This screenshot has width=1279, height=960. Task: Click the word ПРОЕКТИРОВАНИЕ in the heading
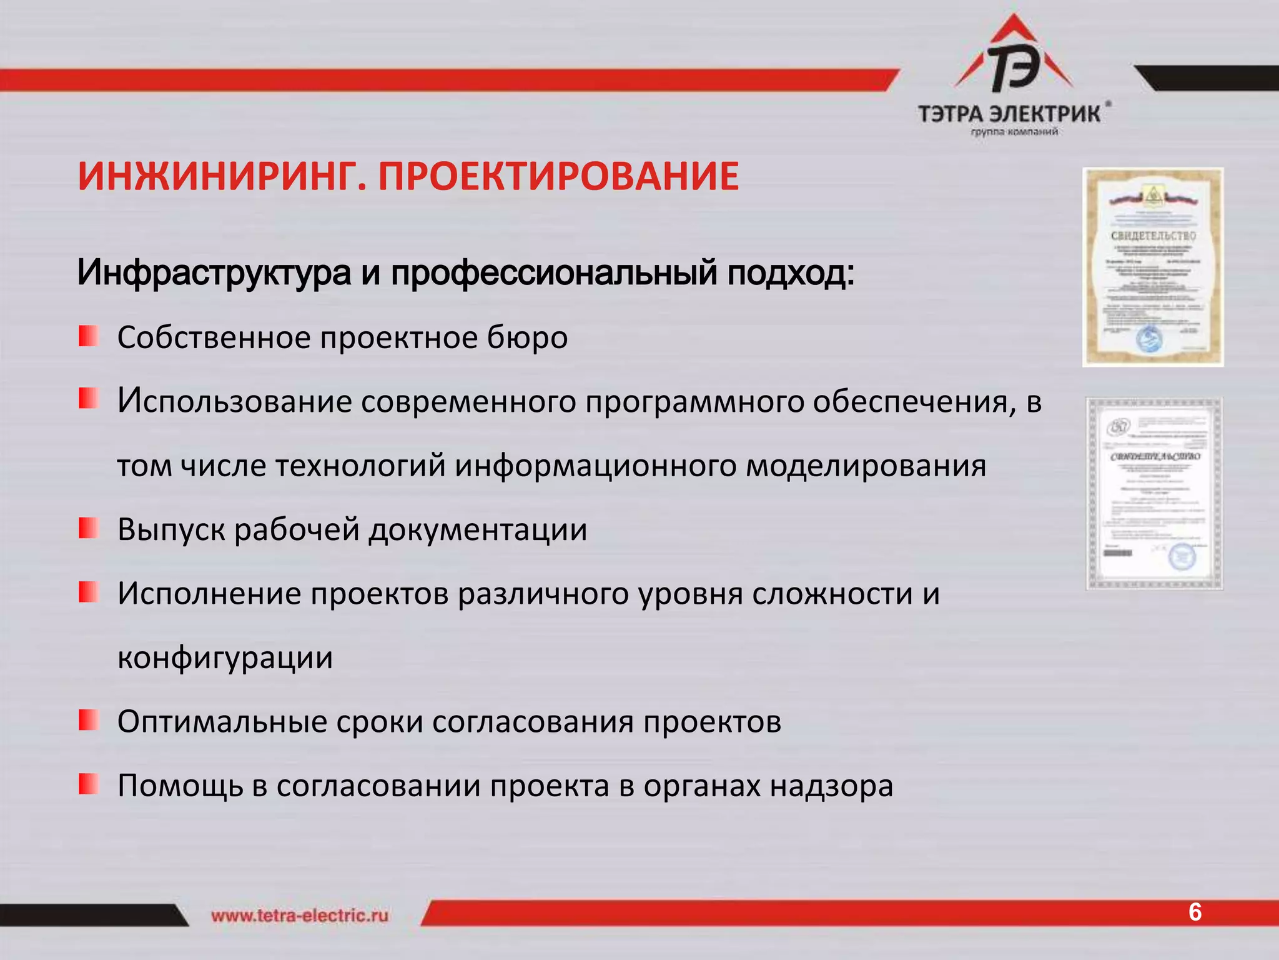(558, 176)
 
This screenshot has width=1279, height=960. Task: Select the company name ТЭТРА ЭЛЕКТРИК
(1009, 114)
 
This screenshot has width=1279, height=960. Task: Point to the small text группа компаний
(1014, 132)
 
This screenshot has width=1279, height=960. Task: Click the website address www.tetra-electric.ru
(300, 916)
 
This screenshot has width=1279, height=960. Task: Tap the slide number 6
(1195, 912)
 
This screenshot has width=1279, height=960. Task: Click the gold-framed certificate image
(1153, 267)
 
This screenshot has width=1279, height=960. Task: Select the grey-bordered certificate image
(1154, 494)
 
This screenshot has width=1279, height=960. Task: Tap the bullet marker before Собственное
(89, 336)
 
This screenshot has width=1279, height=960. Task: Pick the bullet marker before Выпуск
(89, 528)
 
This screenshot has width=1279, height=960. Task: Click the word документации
(478, 530)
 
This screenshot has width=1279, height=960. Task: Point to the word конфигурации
(225, 658)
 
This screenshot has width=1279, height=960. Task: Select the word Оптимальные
(222, 722)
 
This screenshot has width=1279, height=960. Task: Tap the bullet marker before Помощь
(89, 784)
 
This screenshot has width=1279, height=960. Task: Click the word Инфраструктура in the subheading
(214, 273)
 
